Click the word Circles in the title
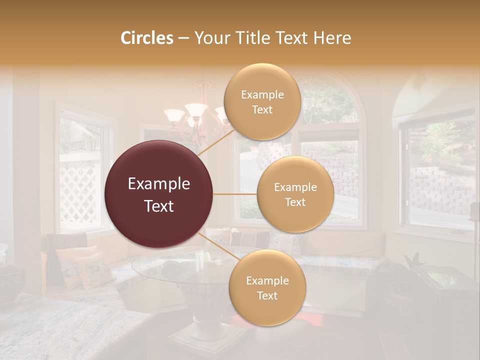147,38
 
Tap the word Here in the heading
331,38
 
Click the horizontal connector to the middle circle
235,194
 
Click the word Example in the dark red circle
159,184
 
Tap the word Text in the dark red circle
159,206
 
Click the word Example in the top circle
262,94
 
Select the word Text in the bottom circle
267,295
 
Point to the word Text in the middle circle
295,202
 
